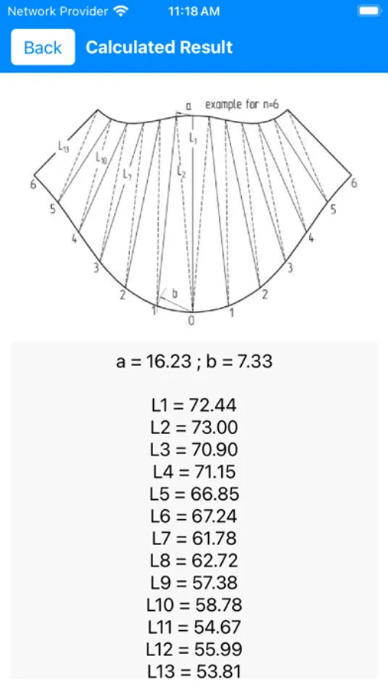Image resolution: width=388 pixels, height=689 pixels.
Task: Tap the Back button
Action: pyautogui.click(x=43, y=47)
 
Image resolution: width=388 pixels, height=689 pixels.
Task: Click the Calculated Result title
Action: pyautogui.click(x=159, y=47)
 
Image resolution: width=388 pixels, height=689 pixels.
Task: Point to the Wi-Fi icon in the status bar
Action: pyautogui.click(x=120, y=11)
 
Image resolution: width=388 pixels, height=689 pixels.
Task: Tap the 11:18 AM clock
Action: pyautogui.click(x=193, y=11)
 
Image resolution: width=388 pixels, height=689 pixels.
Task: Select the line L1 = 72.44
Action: pyautogui.click(x=194, y=406)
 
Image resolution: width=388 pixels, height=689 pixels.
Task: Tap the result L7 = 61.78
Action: pyautogui.click(x=194, y=538)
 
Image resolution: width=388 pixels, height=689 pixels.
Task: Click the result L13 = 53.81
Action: pyautogui.click(x=194, y=671)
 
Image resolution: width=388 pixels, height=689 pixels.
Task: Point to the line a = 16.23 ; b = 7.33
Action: pyautogui.click(x=194, y=361)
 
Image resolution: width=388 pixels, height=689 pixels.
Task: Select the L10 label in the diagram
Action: pyautogui.click(x=102, y=159)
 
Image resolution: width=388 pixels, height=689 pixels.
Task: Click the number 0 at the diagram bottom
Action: pyautogui.click(x=191, y=320)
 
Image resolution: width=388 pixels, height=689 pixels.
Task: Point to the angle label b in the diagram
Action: pyautogui.click(x=174, y=294)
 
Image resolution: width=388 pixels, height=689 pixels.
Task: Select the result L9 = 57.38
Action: pyautogui.click(x=194, y=583)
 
